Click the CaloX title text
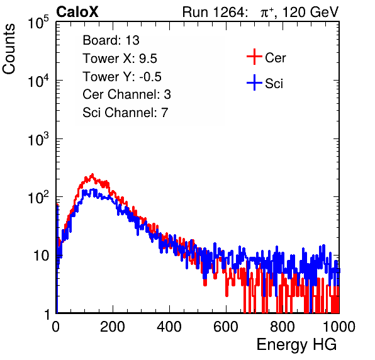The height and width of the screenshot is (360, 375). tap(77, 12)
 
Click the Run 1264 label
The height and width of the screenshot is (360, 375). tap(215, 12)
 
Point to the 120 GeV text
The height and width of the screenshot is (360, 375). tap(311, 12)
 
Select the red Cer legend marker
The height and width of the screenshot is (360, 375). tap(254, 57)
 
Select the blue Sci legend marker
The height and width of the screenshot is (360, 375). tap(254, 82)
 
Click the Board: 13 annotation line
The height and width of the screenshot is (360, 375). tap(111, 40)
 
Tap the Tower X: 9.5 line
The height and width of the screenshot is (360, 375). tap(120, 59)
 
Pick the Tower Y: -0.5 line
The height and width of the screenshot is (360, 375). tap(122, 77)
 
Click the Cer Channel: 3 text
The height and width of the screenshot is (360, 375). tap(126, 94)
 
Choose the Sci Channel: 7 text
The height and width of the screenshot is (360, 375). tap(125, 113)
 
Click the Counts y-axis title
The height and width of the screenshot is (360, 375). tap(9, 49)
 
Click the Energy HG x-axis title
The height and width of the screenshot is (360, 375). tap(297, 345)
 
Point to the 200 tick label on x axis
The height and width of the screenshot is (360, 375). tap(113, 327)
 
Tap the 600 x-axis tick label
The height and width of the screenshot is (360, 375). tap(226, 327)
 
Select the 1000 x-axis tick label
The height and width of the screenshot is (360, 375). tap(339, 327)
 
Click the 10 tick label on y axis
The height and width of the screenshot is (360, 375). tap(42, 256)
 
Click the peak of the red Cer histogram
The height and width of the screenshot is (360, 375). tap(92, 174)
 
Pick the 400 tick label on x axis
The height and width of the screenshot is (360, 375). tap(169, 327)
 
